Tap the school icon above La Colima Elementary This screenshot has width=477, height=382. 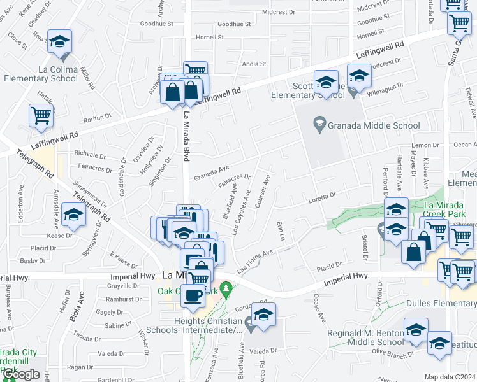[x=59, y=43]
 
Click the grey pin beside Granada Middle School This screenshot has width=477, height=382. [x=319, y=123]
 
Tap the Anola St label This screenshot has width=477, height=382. [x=254, y=64]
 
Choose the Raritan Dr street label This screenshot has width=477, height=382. [x=98, y=119]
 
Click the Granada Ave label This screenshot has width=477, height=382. [x=211, y=171]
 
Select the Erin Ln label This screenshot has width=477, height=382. [x=280, y=232]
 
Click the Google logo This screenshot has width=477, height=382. [x=21, y=374]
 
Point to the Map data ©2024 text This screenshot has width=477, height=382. [x=450, y=377]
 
